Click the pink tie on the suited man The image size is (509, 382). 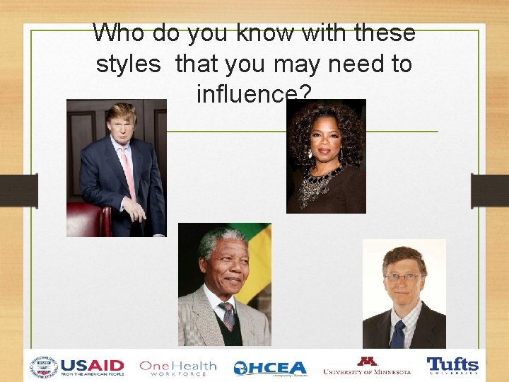point(129,170)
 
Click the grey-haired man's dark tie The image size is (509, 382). point(228,316)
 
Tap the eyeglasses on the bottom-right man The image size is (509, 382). point(404,277)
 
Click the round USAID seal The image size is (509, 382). point(44,367)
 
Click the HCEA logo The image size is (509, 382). point(270,368)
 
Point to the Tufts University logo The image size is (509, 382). point(452,366)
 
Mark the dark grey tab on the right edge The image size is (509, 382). point(490,191)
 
